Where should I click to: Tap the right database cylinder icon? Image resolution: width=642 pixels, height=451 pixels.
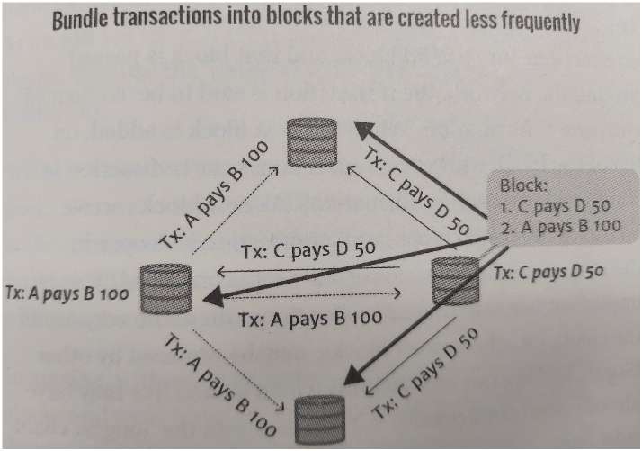point(450,278)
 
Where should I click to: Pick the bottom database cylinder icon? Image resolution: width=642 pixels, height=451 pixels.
point(319,419)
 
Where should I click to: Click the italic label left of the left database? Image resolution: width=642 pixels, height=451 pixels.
point(67,293)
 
